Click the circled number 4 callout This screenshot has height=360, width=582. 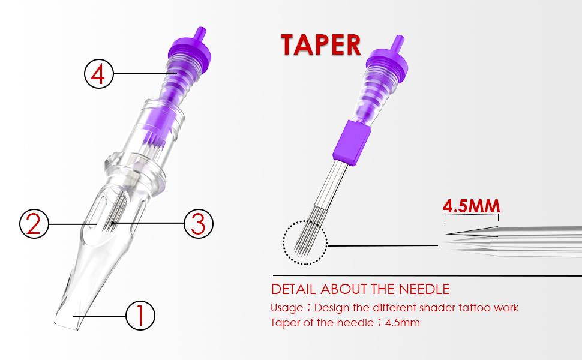click(98, 74)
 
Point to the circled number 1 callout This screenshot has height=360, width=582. click(140, 314)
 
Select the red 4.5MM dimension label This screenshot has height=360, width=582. click(471, 205)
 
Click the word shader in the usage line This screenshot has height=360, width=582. click(431, 308)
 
